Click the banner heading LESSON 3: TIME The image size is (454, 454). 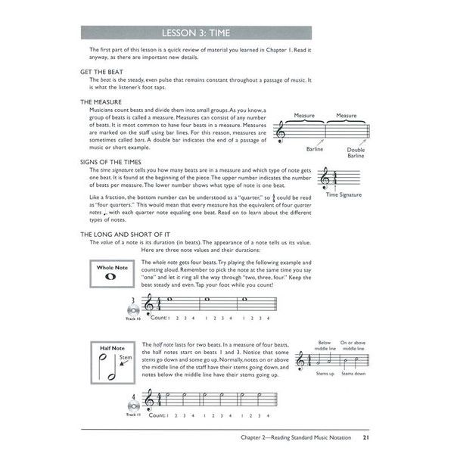[226, 33]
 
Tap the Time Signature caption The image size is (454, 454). [344, 194]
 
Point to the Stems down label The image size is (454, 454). [353, 374]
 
